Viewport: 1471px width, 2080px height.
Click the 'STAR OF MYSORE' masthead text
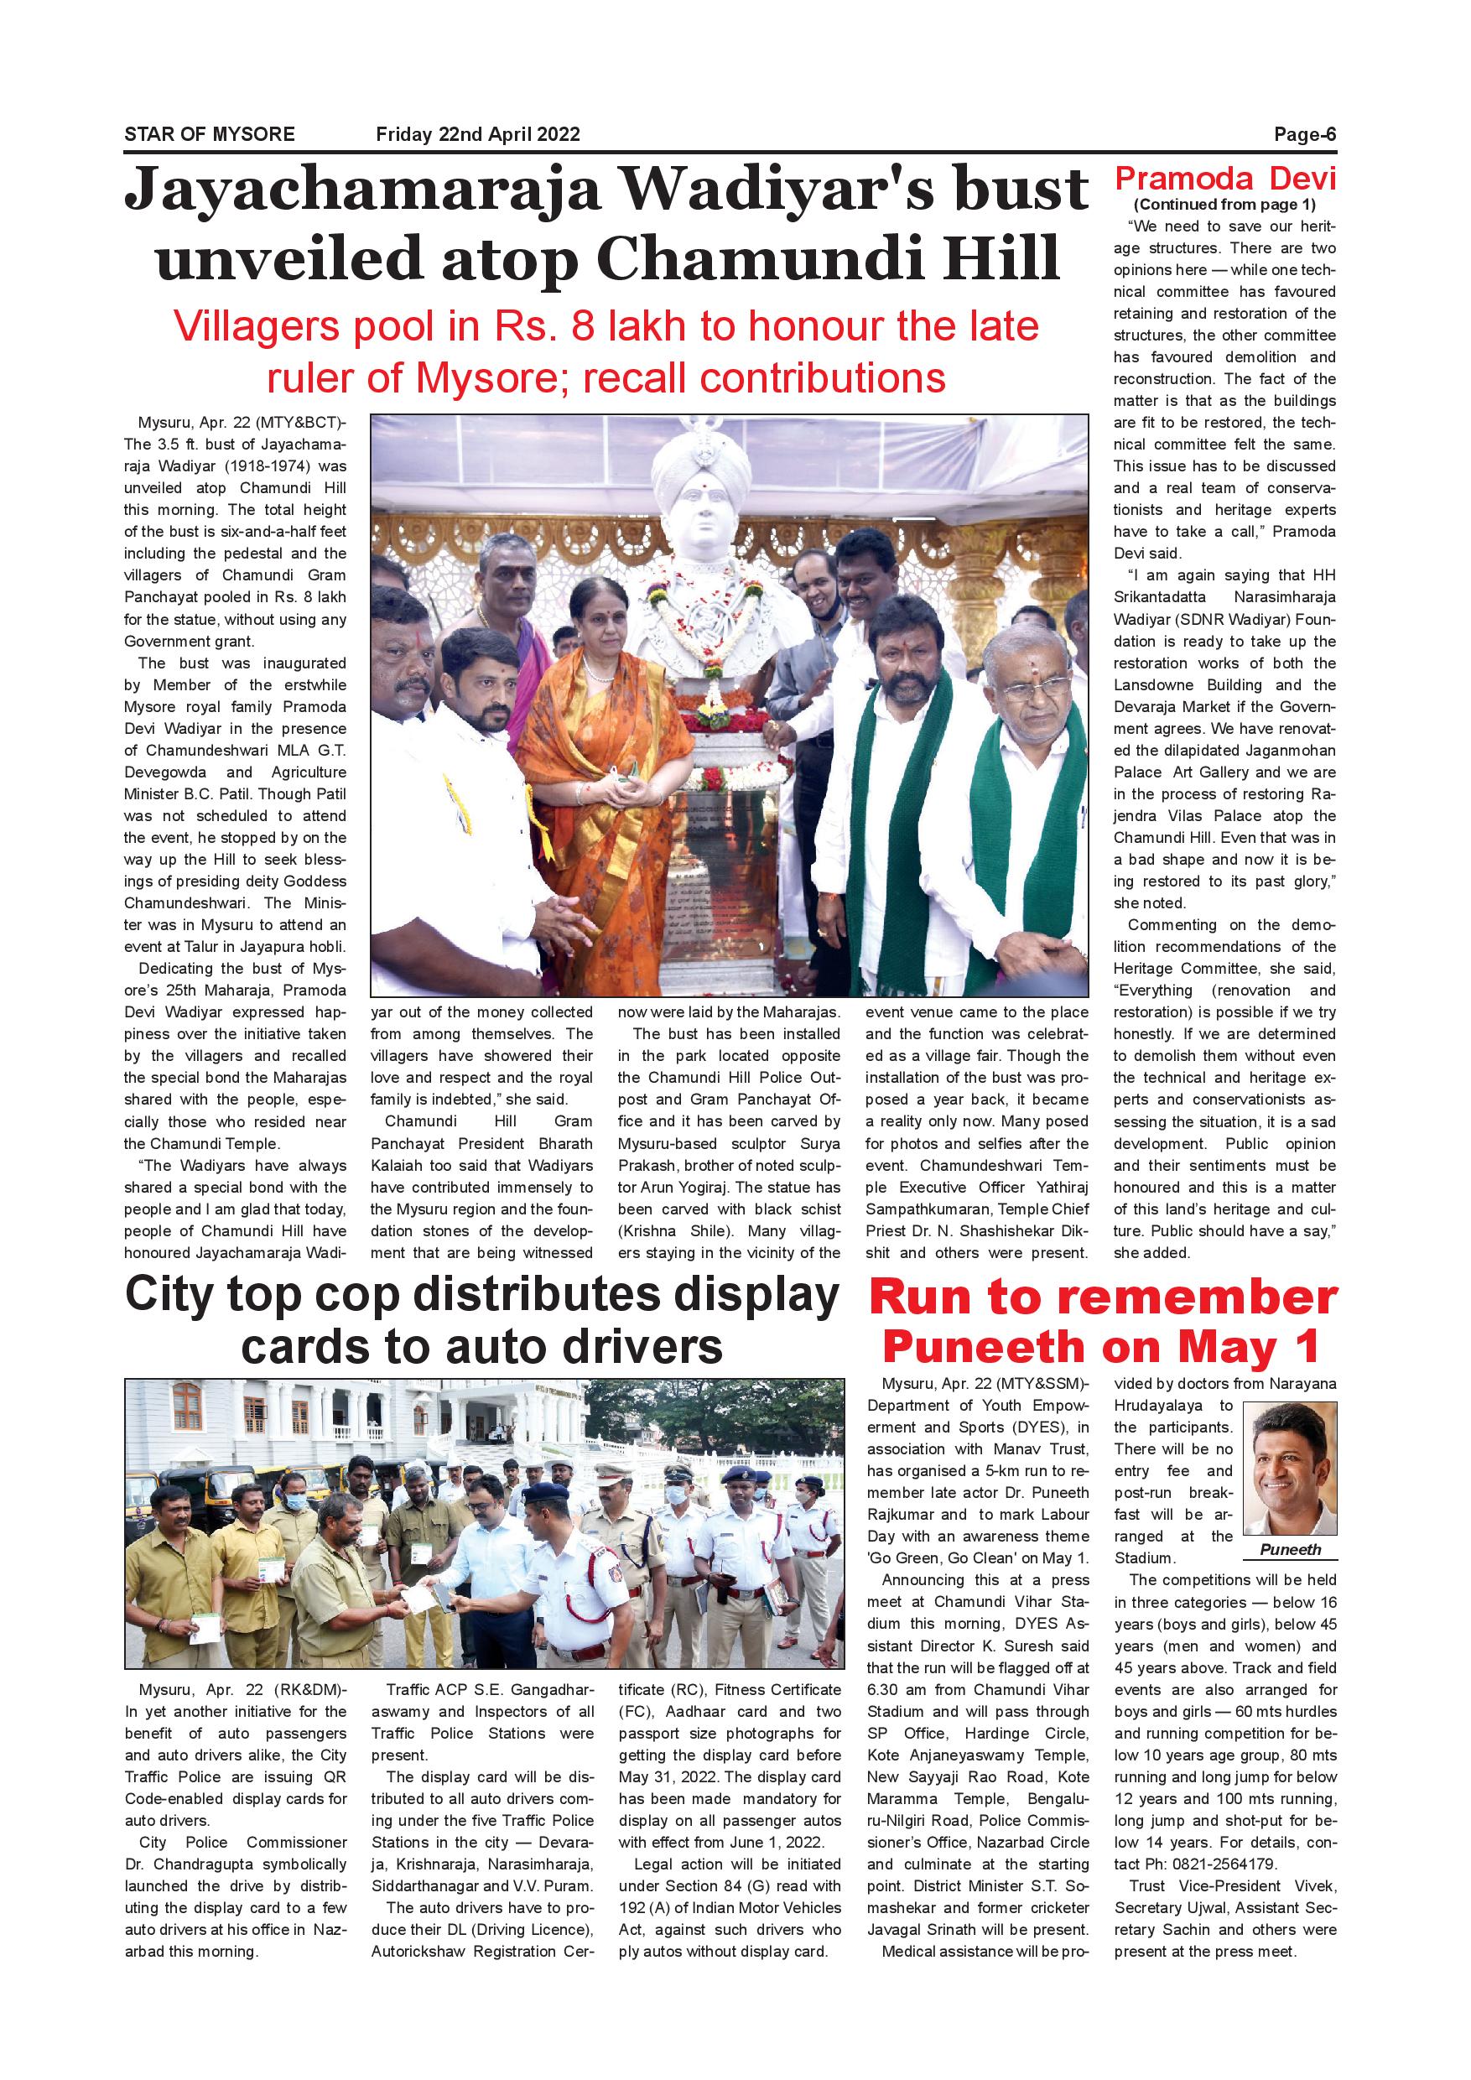tap(209, 135)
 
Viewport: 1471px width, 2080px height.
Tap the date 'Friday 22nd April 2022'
tap(477, 135)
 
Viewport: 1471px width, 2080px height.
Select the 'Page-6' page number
tap(1304, 135)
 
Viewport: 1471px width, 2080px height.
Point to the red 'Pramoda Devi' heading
tap(1224, 178)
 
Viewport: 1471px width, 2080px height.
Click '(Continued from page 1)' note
tap(1224, 205)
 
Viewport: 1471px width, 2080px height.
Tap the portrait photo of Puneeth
tap(1290, 1470)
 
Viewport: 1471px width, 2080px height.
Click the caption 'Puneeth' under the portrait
tap(1290, 1550)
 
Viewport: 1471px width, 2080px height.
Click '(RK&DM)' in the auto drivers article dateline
tap(308, 1689)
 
